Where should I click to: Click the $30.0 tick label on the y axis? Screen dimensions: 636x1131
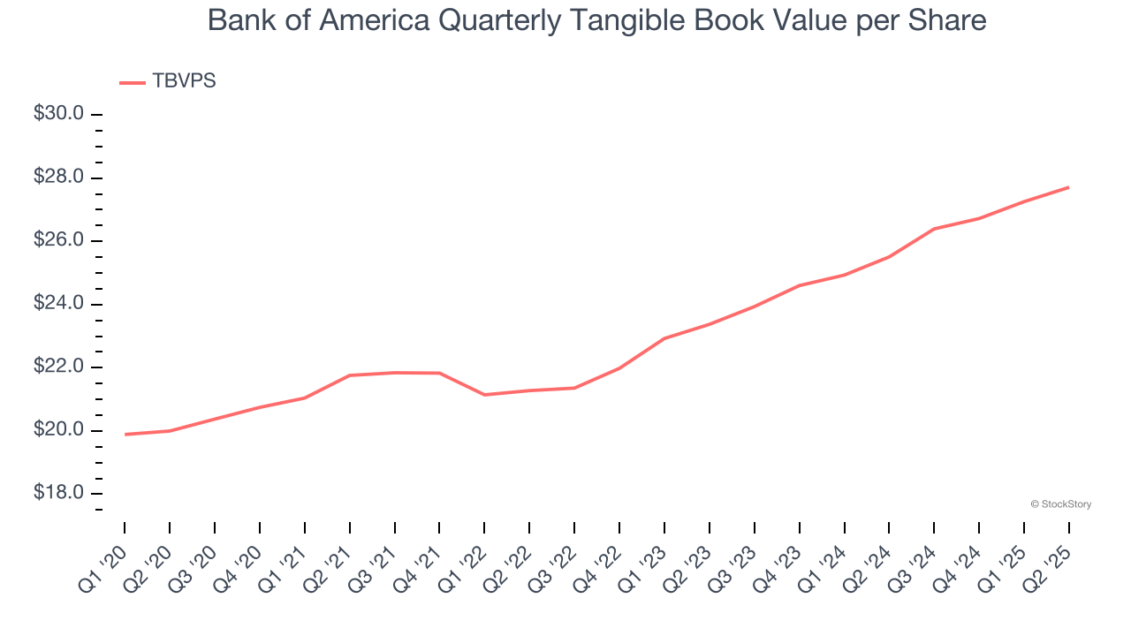(x=59, y=114)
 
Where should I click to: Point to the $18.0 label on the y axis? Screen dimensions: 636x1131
(x=59, y=493)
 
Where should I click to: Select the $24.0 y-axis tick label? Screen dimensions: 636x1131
(x=59, y=304)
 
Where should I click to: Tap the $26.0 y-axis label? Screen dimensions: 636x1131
(x=59, y=240)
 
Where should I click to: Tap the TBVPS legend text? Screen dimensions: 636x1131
(x=184, y=81)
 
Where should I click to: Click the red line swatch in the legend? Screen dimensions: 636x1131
(x=132, y=82)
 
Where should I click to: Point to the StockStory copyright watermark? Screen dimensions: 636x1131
(x=1060, y=504)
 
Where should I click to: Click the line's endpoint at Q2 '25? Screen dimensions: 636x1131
(x=1069, y=187)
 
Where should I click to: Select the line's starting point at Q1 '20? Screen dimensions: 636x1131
(x=125, y=435)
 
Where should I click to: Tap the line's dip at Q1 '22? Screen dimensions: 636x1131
(x=484, y=395)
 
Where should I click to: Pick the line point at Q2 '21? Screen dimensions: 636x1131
(x=350, y=375)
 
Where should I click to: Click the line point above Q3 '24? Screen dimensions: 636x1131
(x=934, y=229)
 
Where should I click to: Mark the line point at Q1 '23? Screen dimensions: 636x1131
(x=664, y=338)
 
